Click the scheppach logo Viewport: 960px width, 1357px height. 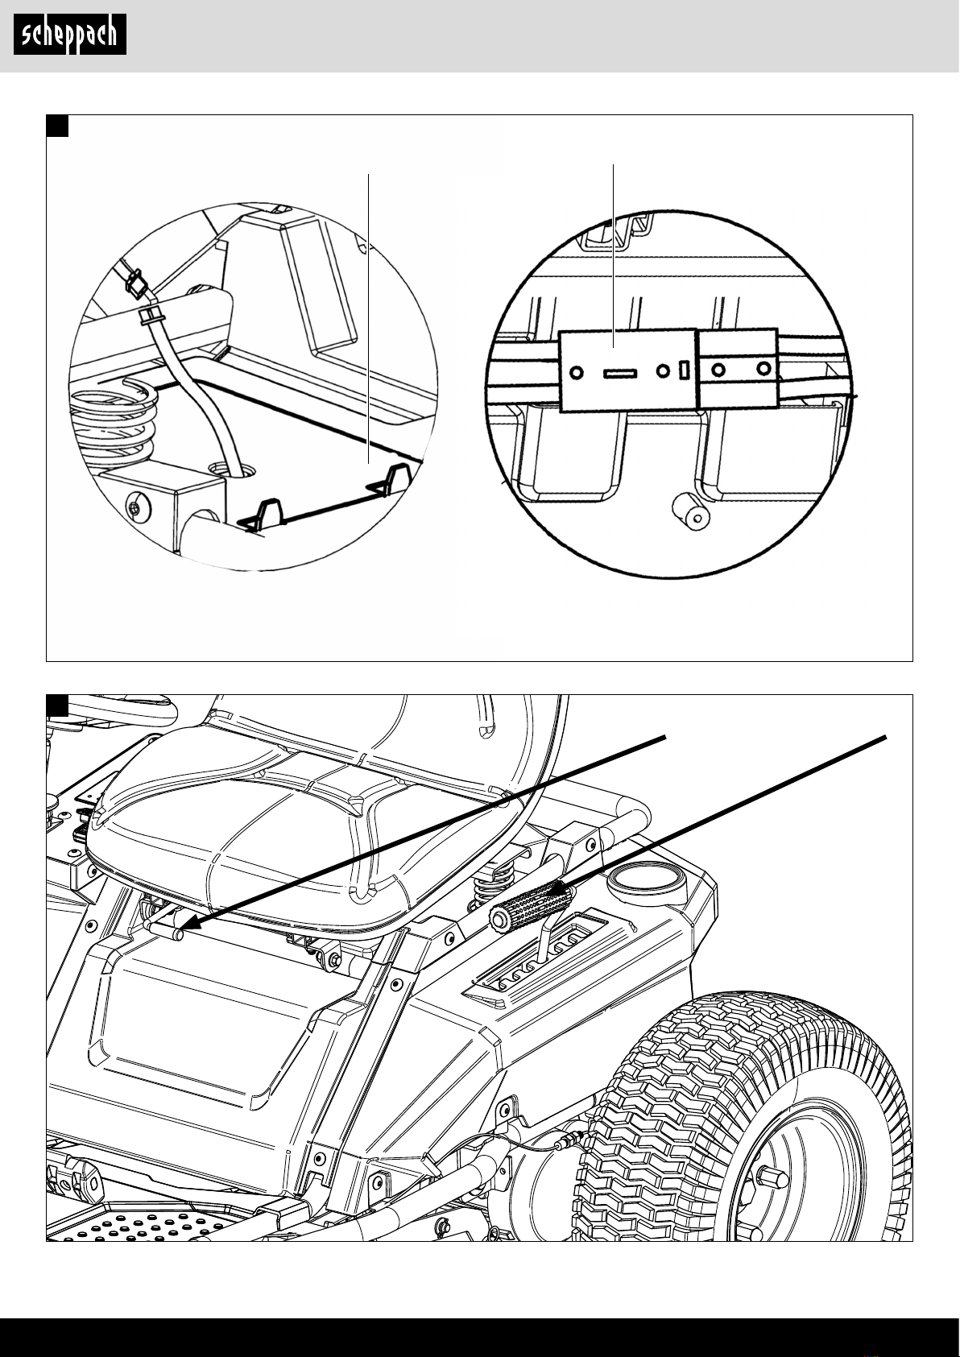pyautogui.click(x=70, y=35)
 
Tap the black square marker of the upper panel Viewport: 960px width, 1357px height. pyautogui.click(x=57, y=126)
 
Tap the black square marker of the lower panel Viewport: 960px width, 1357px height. pyautogui.click(x=57, y=705)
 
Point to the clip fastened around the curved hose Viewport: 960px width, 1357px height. pyautogui.click(x=152, y=314)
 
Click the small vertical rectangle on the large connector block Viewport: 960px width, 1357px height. pyautogui.click(x=685, y=370)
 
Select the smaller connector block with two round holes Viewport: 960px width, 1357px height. pyautogui.click(x=738, y=368)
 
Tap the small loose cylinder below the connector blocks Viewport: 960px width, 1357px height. pyautogui.click(x=691, y=511)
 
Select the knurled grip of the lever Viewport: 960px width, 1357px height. pyautogui.click(x=530, y=904)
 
